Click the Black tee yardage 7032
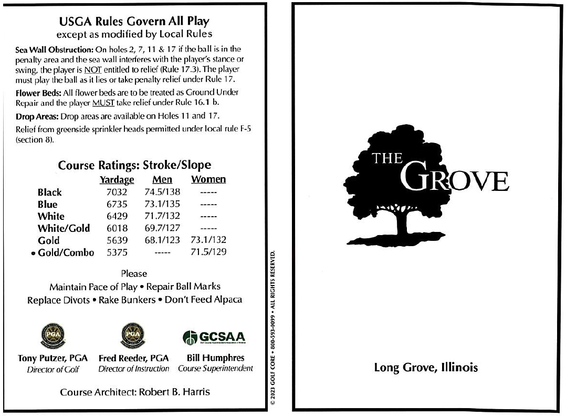click(117, 192)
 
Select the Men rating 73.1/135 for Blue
click(162, 204)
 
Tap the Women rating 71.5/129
click(208, 252)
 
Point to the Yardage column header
click(117, 180)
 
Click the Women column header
click(208, 180)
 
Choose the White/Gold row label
click(64, 228)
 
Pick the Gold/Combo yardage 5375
click(117, 252)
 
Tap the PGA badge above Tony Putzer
click(53, 335)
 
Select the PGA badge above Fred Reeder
click(133, 335)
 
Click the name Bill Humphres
click(215, 358)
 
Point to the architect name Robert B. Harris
click(174, 392)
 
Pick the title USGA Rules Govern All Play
click(134, 22)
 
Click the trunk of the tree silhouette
click(403, 224)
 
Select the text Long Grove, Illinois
click(426, 368)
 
